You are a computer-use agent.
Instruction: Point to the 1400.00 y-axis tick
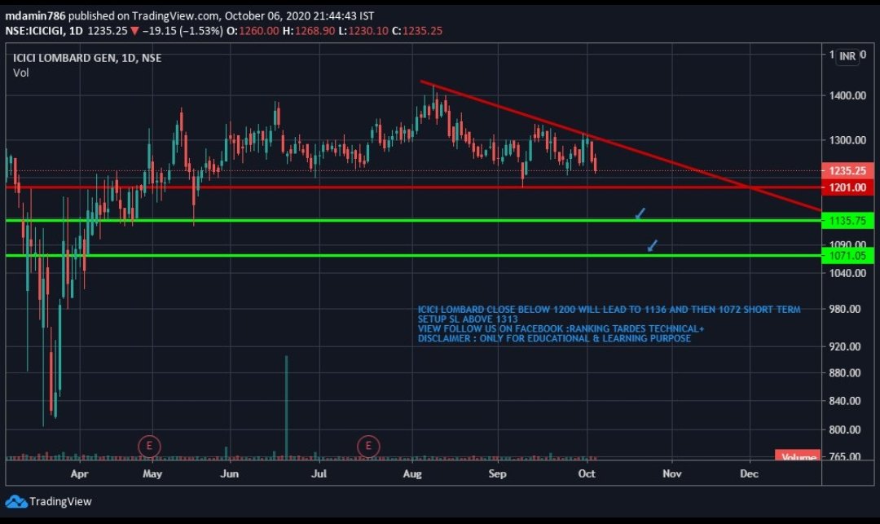click(x=847, y=96)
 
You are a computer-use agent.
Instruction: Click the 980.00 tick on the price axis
click(x=847, y=309)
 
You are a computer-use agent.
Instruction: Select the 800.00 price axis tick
click(x=847, y=429)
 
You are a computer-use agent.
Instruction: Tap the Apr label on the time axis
click(x=79, y=473)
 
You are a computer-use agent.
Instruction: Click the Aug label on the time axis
click(x=412, y=473)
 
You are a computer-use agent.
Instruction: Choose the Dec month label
click(x=749, y=473)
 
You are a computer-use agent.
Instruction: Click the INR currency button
click(x=847, y=56)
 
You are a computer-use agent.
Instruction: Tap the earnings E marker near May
click(x=148, y=446)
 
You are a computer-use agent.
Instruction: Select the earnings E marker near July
click(x=369, y=446)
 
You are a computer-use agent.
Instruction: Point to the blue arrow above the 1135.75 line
click(x=640, y=214)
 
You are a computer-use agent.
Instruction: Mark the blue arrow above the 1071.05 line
click(x=653, y=245)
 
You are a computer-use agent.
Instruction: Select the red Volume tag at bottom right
click(x=797, y=457)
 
